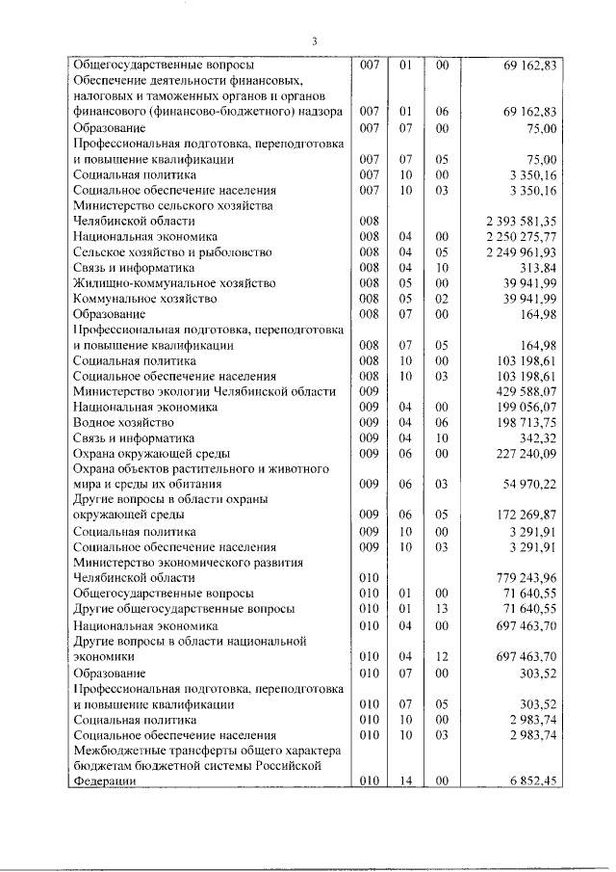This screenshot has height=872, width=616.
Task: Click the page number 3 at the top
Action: (x=314, y=40)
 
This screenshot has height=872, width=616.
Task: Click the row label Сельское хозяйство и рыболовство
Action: (x=161, y=252)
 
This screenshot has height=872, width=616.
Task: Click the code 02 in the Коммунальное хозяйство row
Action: (x=443, y=299)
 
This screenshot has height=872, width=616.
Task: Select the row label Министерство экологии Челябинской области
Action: (x=204, y=392)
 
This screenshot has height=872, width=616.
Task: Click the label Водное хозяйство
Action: (x=123, y=423)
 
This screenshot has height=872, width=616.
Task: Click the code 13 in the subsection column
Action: (x=443, y=609)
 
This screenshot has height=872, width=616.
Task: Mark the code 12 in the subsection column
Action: (x=443, y=656)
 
